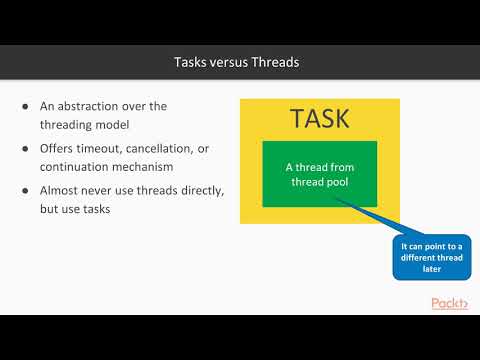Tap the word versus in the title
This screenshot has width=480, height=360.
coord(231,63)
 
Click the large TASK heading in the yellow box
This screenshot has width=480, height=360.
coord(319,118)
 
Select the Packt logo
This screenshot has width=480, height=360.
coord(449,303)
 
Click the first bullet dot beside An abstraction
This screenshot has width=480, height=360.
coord(26,107)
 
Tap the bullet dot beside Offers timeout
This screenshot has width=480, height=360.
coord(26,148)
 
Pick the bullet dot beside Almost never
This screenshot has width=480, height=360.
coord(26,190)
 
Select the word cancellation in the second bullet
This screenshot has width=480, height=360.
coord(172,148)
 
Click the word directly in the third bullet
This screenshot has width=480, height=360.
coord(207,190)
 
